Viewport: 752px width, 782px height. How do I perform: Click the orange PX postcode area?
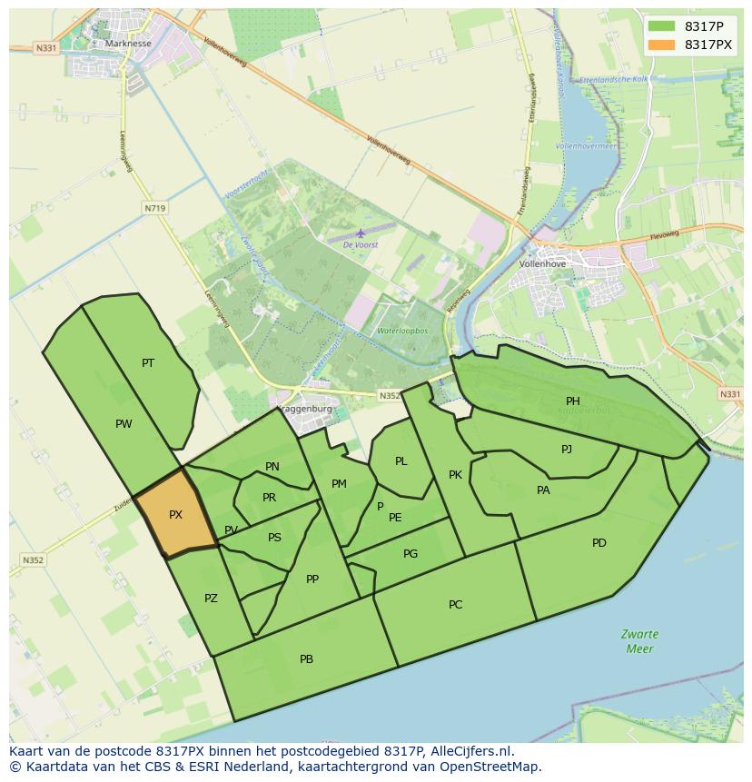177,514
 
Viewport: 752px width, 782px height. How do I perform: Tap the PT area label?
148,363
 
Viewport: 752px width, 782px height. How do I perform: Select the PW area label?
124,424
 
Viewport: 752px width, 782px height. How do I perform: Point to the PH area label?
573,401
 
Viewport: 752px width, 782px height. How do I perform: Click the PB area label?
306,659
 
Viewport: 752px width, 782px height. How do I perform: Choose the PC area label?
456,605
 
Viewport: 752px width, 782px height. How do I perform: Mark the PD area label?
599,543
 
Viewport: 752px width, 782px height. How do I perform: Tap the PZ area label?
211,599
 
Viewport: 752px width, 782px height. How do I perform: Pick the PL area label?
401,461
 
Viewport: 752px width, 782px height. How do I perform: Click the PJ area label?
567,449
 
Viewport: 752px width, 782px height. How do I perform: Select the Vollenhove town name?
542,264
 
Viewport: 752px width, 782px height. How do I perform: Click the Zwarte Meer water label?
640,641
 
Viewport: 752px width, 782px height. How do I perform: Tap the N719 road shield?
155,208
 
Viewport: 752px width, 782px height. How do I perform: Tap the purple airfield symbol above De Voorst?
361,233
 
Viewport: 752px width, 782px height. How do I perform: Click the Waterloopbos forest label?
402,332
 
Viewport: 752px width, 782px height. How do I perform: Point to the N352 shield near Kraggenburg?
389,395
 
